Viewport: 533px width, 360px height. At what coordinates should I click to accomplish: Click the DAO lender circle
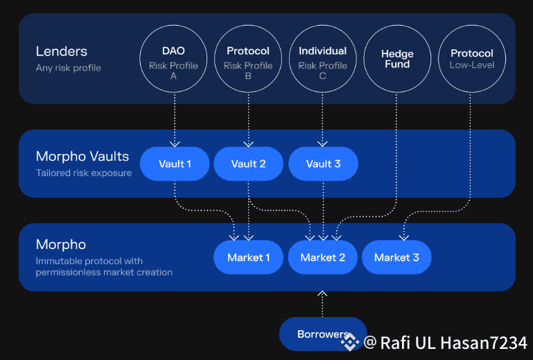pyautogui.click(x=173, y=60)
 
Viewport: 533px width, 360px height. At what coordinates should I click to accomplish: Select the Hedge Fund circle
pyautogui.click(x=397, y=60)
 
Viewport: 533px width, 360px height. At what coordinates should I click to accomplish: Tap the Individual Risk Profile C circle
pyautogui.click(x=322, y=60)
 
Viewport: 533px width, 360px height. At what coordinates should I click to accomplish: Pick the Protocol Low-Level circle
pyautogui.click(x=471, y=60)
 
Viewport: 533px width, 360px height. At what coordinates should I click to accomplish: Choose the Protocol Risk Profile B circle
pyautogui.click(x=248, y=60)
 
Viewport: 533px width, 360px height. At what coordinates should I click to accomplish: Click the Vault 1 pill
pyautogui.click(x=175, y=164)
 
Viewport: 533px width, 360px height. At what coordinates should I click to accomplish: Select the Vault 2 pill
pyautogui.click(x=248, y=164)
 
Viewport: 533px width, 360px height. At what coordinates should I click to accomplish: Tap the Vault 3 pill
pyautogui.click(x=323, y=164)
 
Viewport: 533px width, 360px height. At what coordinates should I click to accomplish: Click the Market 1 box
pyautogui.click(x=248, y=257)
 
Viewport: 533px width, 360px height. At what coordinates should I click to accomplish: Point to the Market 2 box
pyautogui.click(x=322, y=257)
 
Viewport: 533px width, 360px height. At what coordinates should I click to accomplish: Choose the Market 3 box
pyautogui.click(x=396, y=257)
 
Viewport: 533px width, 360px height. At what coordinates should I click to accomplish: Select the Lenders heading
pyautogui.click(x=62, y=51)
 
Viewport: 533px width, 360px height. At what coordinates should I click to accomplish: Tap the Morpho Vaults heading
pyautogui.click(x=82, y=157)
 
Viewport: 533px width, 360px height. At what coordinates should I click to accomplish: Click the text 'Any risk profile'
pyautogui.click(x=69, y=68)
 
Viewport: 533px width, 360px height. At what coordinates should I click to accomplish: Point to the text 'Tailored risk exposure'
pyautogui.click(x=84, y=173)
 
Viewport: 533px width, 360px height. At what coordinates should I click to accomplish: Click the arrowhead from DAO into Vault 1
pyautogui.click(x=175, y=144)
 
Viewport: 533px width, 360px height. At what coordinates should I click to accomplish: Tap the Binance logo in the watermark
pyautogui.click(x=349, y=341)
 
